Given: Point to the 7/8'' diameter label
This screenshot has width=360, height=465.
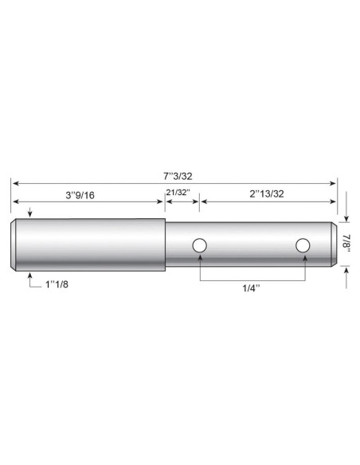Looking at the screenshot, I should coord(348,243).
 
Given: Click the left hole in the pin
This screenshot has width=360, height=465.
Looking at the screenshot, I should coord(200,246).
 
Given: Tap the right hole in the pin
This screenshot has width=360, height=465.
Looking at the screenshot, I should coord(303,246).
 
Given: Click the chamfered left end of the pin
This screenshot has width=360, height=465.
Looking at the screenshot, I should coord(14,244).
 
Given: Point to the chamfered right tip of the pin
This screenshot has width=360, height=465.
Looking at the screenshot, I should coord(332,244).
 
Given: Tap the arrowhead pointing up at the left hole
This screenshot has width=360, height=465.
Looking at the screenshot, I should coord(200,258).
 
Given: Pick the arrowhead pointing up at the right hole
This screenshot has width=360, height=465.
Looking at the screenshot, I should coord(303,258).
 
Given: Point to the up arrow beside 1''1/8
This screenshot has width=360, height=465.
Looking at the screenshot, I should coord(29,275).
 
